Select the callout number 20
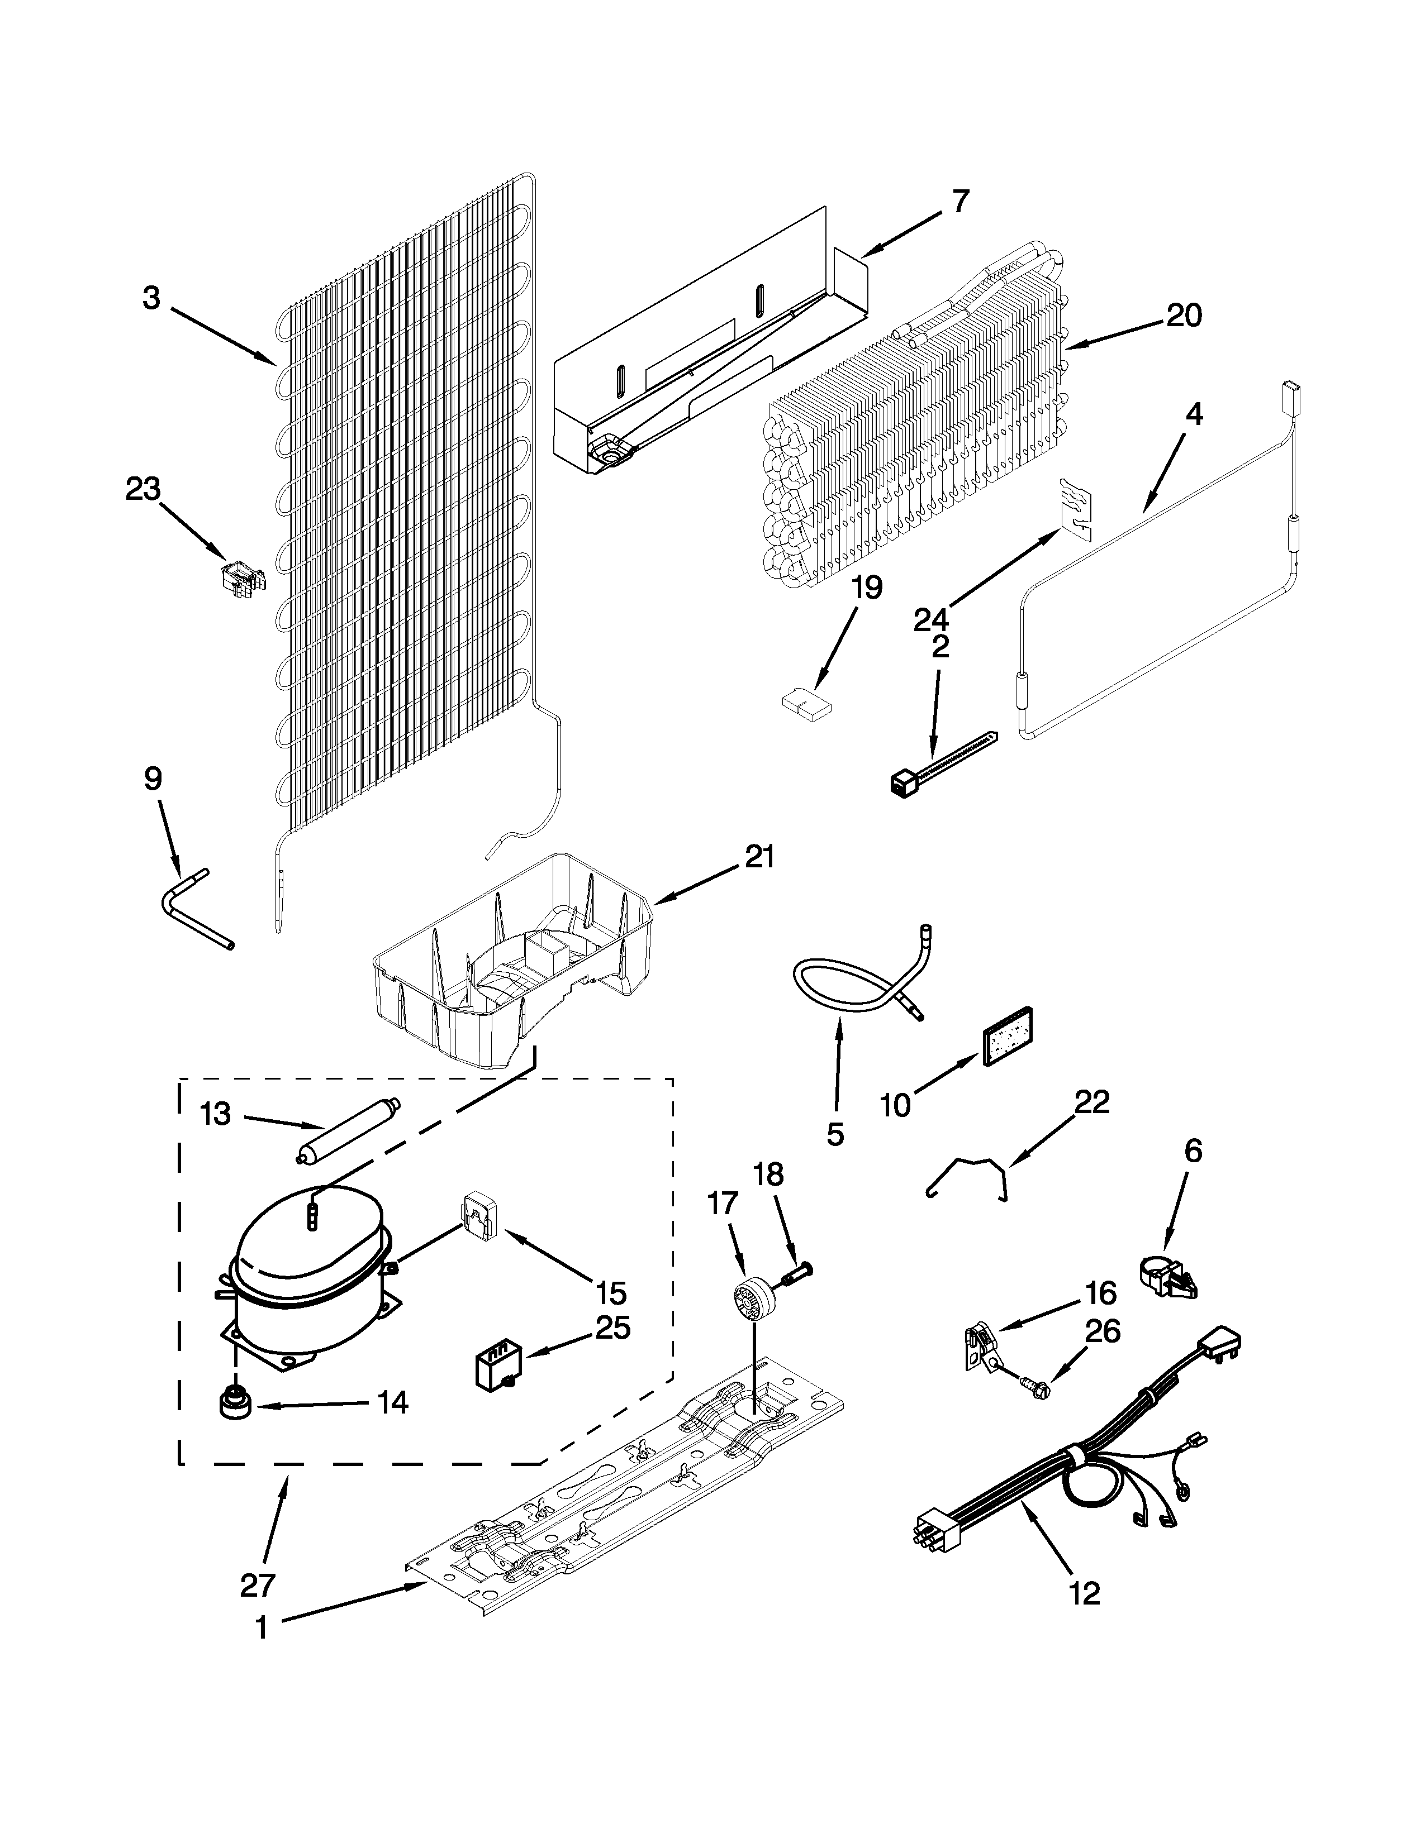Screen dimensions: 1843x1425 coord(1184,316)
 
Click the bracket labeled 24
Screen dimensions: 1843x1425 coord(1071,509)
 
